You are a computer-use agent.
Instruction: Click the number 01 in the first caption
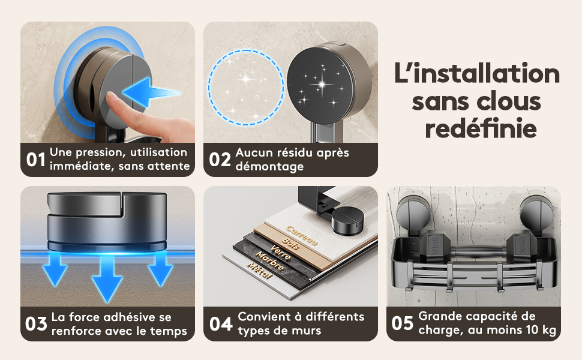pyautogui.click(x=35, y=160)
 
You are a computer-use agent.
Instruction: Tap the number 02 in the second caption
pyautogui.click(x=220, y=160)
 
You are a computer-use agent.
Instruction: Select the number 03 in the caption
pyautogui.click(x=36, y=324)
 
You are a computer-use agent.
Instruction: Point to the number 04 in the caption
pyautogui.click(x=220, y=324)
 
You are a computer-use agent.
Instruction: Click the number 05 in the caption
pyautogui.click(x=403, y=323)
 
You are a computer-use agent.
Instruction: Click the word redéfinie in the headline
pyautogui.click(x=481, y=128)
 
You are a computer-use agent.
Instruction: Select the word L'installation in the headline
pyautogui.click(x=477, y=73)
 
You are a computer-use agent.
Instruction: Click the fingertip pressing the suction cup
pyautogui.click(x=111, y=97)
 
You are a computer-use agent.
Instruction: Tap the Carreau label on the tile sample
pyautogui.click(x=302, y=235)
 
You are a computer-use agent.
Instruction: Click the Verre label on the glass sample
pyautogui.click(x=280, y=253)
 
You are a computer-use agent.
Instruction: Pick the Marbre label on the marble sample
pyautogui.click(x=270, y=260)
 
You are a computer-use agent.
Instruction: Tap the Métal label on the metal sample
pyautogui.click(x=260, y=271)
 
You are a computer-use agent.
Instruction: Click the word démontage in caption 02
pyautogui.click(x=269, y=166)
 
